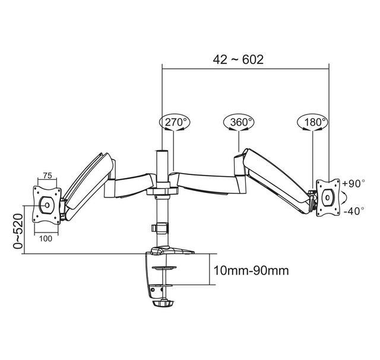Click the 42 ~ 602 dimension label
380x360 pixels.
238,59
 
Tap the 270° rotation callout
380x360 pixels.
175,122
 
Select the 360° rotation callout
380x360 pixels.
239,122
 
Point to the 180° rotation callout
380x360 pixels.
313,122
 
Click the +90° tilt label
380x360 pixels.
353,183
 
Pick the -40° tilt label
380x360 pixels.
354,211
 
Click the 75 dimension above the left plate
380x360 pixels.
47,176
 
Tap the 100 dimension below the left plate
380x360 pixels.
46,238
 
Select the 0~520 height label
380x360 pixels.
18,231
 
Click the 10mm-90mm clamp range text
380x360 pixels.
251,270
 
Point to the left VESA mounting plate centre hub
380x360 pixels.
47,205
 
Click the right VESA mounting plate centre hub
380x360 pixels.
328,197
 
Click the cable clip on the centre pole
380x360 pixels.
159,228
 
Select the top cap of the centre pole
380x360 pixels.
162,151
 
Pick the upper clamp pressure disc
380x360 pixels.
164,267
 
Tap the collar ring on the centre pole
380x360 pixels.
162,192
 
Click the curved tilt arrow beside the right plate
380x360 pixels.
344,197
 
